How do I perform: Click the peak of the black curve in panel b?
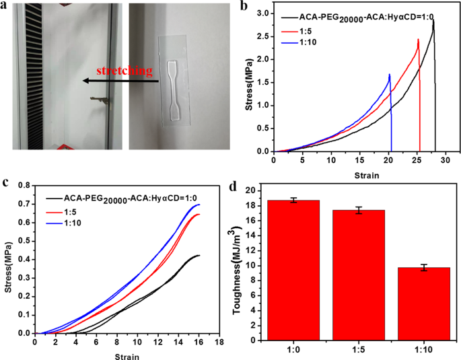point(433,20)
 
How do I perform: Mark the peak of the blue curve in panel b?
point(389,75)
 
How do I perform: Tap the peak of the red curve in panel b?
point(418,39)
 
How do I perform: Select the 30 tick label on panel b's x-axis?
point(445,161)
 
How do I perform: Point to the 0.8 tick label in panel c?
point(24,184)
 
